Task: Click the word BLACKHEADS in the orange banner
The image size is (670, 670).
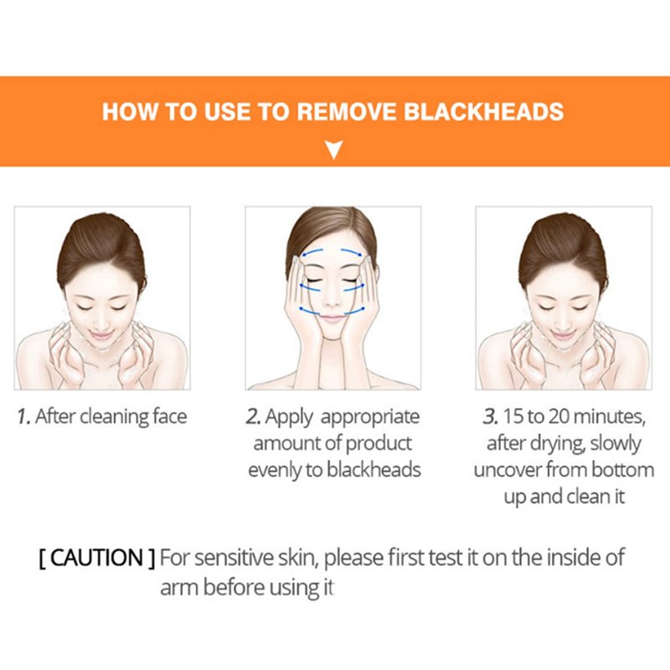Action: tap(483, 111)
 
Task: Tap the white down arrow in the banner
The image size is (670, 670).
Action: tap(334, 150)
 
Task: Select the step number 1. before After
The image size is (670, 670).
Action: tap(24, 416)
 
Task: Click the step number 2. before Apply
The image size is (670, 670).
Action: tap(254, 416)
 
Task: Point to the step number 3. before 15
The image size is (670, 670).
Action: tap(491, 416)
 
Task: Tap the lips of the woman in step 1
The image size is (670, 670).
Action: tap(101, 334)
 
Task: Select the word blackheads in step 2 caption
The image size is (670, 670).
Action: tap(374, 470)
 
